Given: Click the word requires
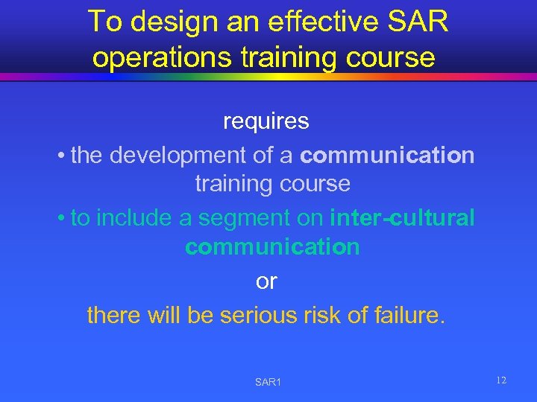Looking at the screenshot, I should (266, 121).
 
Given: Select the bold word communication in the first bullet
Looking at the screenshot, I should (387, 155).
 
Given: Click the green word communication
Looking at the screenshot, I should (272, 246).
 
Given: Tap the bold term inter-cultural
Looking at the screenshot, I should (402, 217).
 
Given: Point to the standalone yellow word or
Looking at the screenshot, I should (266, 281).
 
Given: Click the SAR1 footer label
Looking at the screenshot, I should (268, 382).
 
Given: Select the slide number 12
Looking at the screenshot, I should (501, 380).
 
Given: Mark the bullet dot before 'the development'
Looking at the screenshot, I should (60, 156).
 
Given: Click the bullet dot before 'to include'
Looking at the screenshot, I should (60, 218).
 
